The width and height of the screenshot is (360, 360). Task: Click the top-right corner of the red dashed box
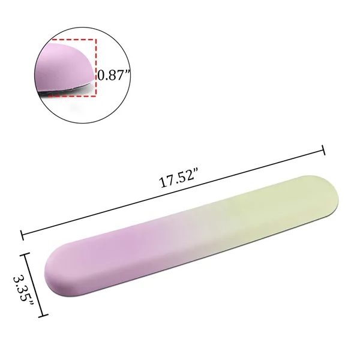pyautogui.click(x=95, y=40)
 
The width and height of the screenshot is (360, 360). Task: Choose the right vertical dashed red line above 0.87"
pyautogui.click(x=95, y=54)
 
